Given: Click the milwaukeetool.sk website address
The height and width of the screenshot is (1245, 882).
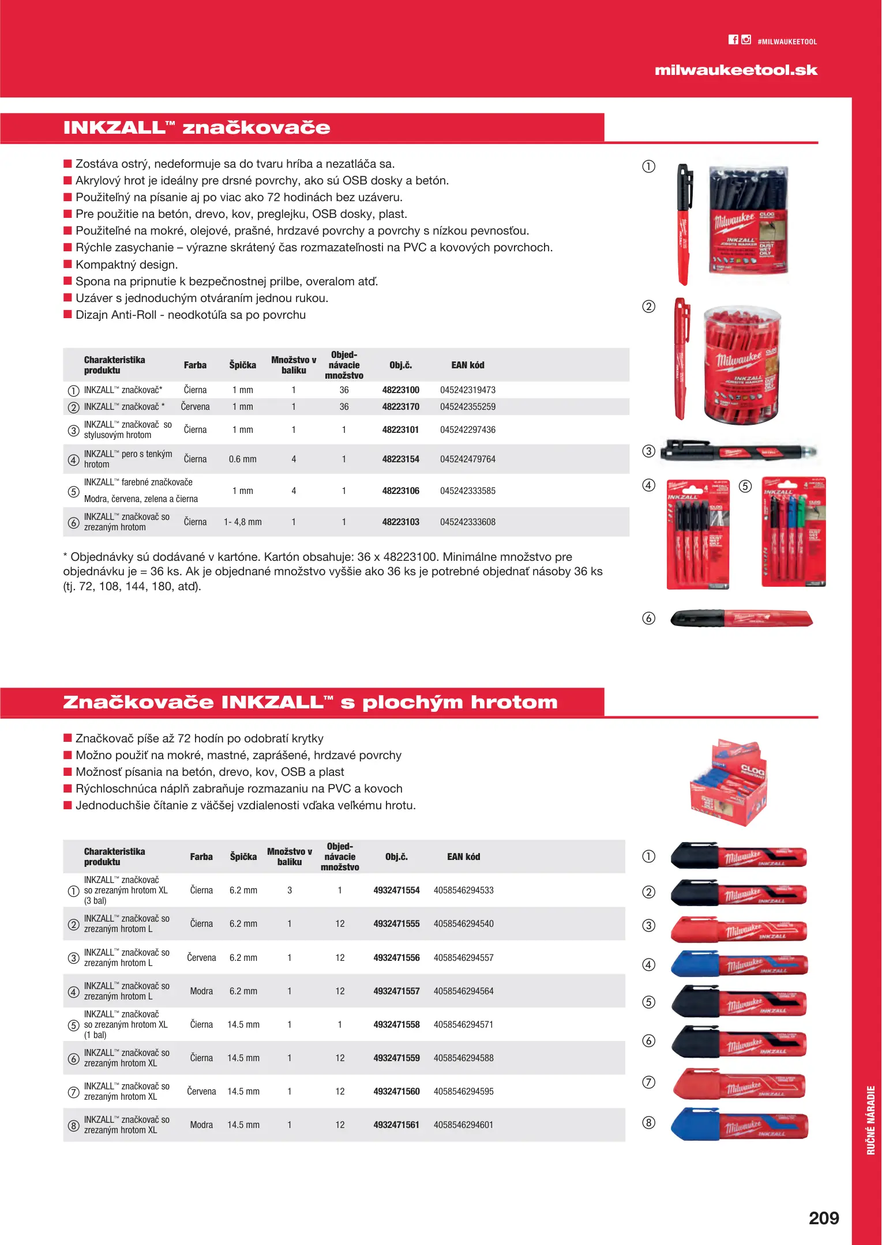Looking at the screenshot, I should pyautogui.click(x=735, y=70).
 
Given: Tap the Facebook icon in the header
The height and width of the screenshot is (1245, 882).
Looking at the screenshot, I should pyautogui.click(x=733, y=40).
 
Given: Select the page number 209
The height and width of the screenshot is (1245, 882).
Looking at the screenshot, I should pyautogui.click(x=823, y=1218).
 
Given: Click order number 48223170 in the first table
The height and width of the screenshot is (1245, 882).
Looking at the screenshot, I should pyautogui.click(x=400, y=407).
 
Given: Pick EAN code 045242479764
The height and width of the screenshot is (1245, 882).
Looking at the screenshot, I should pyautogui.click(x=467, y=459).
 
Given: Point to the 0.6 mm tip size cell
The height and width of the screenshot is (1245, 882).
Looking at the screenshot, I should pyautogui.click(x=242, y=459).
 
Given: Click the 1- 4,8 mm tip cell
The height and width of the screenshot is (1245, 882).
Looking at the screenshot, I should pyautogui.click(x=242, y=522).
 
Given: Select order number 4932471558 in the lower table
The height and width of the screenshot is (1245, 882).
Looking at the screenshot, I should pyautogui.click(x=396, y=1025).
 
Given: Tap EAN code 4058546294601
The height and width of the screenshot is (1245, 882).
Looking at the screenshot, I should pyautogui.click(x=463, y=1125).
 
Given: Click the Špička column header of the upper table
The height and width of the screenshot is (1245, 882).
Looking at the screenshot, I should pyautogui.click(x=242, y=365).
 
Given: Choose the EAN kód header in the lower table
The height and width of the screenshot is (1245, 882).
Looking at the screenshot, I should pyautogui.click(x=463, y=857).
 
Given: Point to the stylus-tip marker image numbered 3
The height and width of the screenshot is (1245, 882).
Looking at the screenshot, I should pyautogui.click(x=738, y=451).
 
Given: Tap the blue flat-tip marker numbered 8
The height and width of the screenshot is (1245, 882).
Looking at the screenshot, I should pyautogui.click(x=739, y=1125).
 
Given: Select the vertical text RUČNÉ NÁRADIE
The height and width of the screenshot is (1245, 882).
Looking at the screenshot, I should pyautogui.click(x=870, y=1120).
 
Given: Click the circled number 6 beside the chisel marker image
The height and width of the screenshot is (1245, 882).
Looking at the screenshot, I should pyautogui.click(x=649, y=618).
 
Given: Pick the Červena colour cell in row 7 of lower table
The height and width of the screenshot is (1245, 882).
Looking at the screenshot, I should pyautogui.click(x=201, y=1092).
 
